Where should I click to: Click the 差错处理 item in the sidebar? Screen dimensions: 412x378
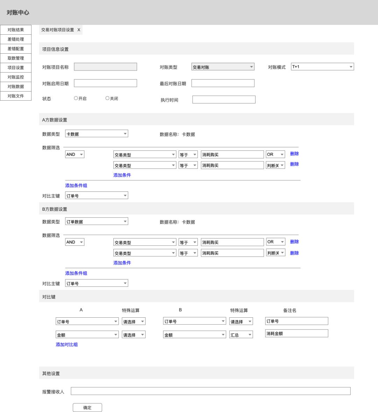16,39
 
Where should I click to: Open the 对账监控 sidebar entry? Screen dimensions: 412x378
16,77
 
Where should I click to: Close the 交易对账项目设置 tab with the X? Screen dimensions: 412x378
79,30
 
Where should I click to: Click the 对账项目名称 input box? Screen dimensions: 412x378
105,67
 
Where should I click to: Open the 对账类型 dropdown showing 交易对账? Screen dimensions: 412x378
223,67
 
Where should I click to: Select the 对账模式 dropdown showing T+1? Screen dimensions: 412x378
322,67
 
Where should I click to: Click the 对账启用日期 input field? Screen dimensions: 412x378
105,83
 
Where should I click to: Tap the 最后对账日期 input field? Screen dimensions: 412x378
223,83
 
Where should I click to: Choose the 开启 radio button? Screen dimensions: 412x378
76,99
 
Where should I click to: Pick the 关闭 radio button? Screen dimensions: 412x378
107,99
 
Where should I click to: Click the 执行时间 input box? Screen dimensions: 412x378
224,100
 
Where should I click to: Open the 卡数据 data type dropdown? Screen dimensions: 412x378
96,134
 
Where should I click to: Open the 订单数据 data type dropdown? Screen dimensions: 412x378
96,221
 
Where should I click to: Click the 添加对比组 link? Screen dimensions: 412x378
66,345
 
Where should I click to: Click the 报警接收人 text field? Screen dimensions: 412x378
210,391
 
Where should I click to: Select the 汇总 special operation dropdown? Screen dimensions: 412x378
241,335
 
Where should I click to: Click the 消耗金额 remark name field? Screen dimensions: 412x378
296,333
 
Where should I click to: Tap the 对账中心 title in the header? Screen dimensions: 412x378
18,13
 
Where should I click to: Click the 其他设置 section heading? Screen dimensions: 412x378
51,373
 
